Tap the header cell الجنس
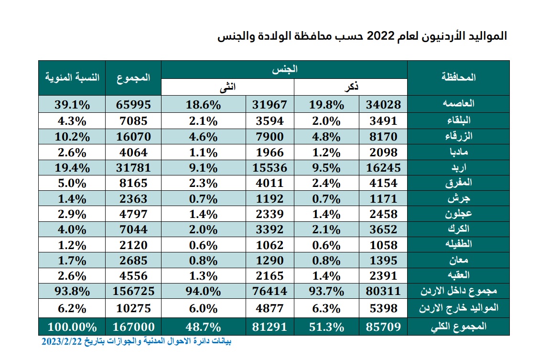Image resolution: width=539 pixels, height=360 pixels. [284, 69]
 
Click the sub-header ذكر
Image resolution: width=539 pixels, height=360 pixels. [351, 87]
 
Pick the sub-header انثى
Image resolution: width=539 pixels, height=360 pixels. [227, 87]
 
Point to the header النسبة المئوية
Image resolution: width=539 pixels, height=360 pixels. [72, 77]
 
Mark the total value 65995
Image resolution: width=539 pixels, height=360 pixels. [133, 104]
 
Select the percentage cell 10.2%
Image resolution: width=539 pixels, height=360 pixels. [72, 136]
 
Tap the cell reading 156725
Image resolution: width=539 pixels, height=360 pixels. [133, 291]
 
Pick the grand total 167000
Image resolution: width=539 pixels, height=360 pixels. [133, 327]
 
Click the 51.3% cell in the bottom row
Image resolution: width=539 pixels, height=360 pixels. [326, 327]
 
